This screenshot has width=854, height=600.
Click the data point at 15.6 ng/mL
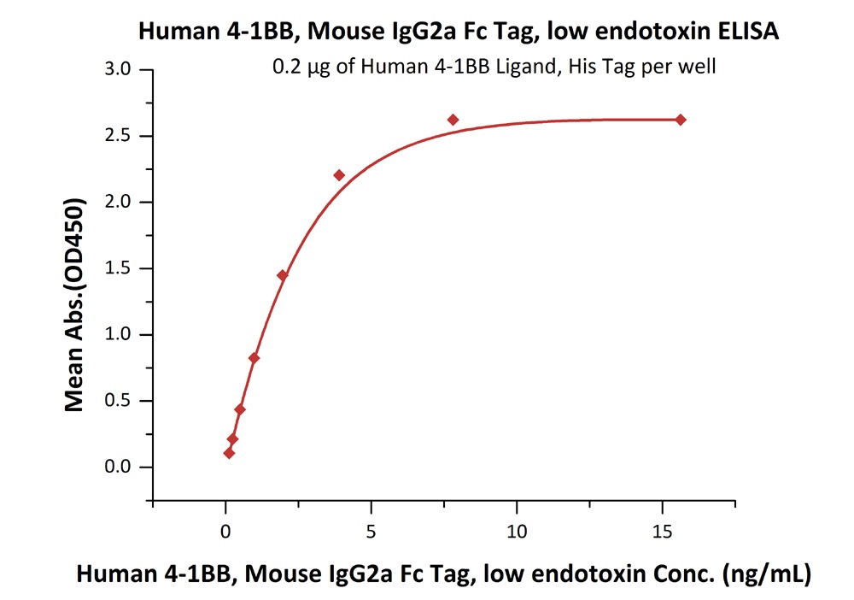(x=680, y=120)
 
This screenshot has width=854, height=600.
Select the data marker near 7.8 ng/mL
(x=453, y=120)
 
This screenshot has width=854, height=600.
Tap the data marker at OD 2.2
(x=339, y=175)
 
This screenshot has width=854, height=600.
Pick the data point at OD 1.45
(x=282, y=275)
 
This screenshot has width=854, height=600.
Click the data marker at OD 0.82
(x=254, y=358)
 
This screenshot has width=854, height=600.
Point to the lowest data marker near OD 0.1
(x=229, y=453)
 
